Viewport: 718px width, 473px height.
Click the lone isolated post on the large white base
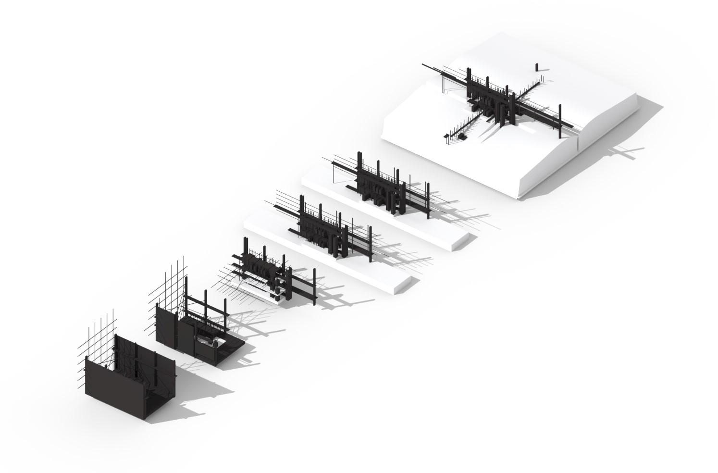point(537,67)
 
